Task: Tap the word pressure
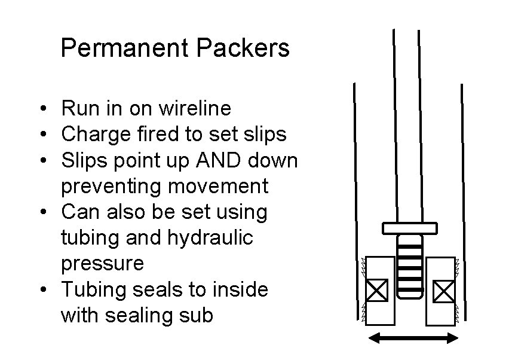pos(102,264)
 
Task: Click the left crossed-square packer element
pos(376,291)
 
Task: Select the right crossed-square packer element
pos(444,291)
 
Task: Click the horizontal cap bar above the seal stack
pos(410,228)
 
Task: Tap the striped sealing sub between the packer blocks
pos(410,266)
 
